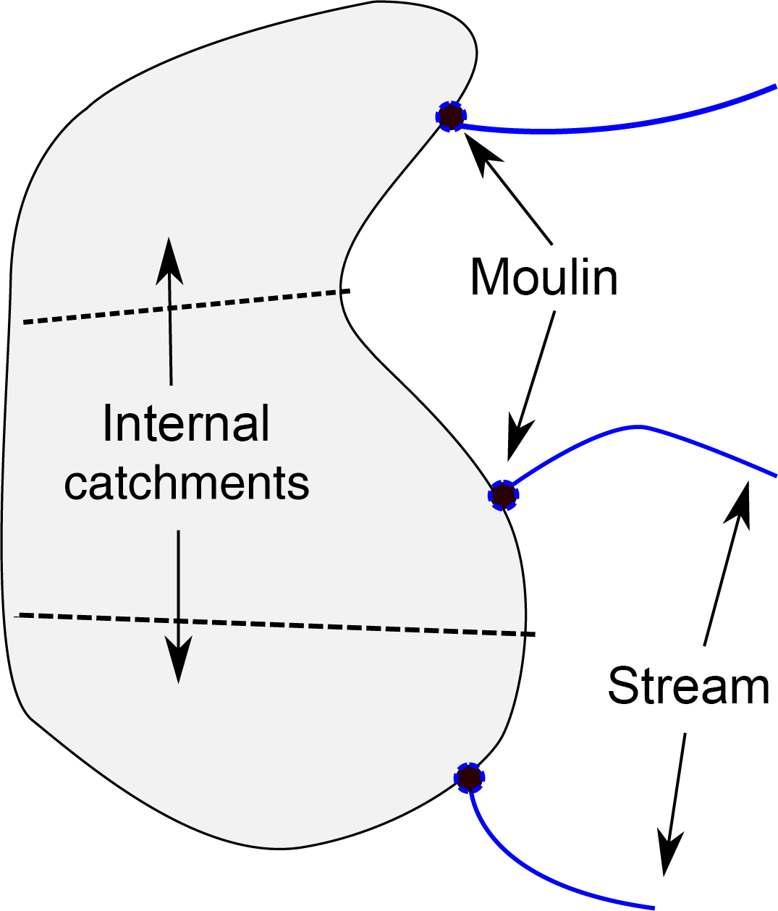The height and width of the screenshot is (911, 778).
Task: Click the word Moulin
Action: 544,277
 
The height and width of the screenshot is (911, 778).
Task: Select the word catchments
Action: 187,483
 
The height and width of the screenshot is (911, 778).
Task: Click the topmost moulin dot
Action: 451,115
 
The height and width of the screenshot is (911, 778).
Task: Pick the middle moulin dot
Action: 503,495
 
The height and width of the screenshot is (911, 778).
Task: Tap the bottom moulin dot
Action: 469,778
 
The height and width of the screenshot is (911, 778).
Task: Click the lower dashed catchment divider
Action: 275,624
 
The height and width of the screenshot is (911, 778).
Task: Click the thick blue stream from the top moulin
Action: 615,126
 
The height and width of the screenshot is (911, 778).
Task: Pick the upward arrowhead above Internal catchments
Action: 170,260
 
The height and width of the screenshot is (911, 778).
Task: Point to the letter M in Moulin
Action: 489,277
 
